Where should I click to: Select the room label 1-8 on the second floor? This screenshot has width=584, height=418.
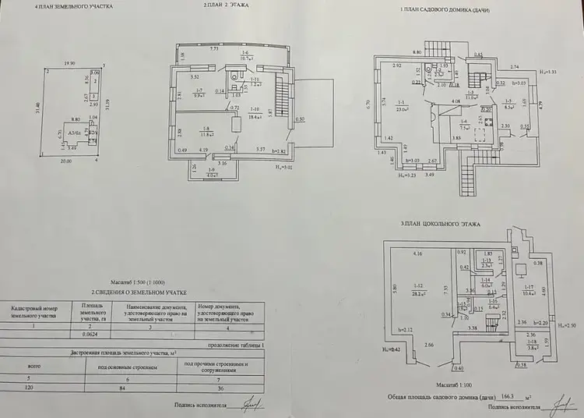[x=207, y=130]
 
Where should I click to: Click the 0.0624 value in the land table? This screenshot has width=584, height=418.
[x=92, y=333]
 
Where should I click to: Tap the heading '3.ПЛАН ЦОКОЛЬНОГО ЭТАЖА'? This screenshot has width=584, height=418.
[x=440, y=224]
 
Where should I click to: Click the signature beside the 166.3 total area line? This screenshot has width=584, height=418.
[x=558, y=404]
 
